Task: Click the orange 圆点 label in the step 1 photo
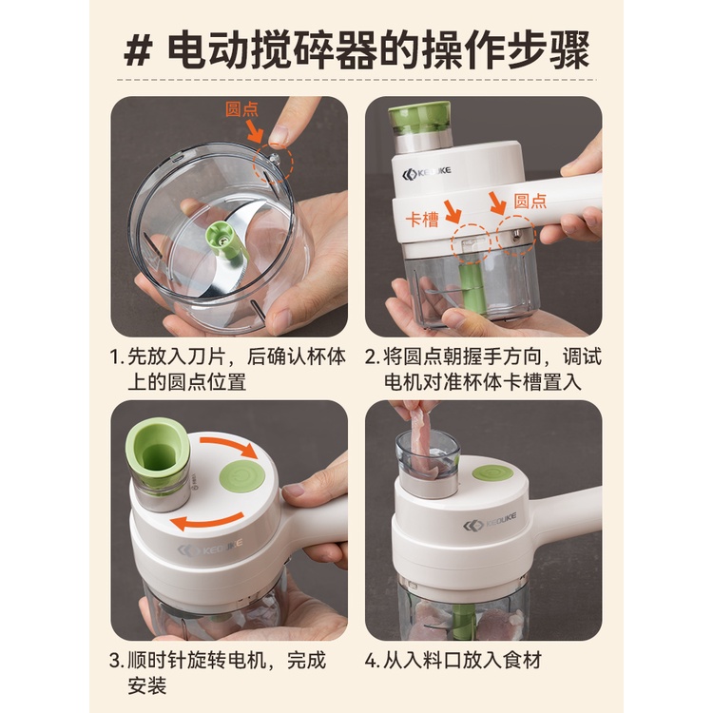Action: (241, 109)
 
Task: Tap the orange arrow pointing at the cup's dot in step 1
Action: (255, 132)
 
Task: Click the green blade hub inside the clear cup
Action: (222, 239)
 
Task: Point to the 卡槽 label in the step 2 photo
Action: (422, 220)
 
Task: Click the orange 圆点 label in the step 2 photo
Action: (530, 201)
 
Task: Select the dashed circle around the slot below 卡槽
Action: (472, 242)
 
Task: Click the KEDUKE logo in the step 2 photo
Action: (427, 173)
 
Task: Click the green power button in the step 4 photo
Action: (492, 473)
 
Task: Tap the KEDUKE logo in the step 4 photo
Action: (490, 523)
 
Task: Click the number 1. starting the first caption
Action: (117, 356)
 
